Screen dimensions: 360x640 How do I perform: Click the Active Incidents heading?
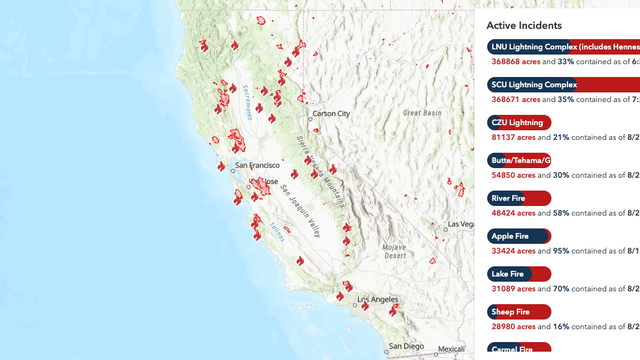[524, 25]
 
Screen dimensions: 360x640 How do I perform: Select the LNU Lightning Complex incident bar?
[563, 47]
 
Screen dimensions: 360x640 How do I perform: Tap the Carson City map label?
[332, 114]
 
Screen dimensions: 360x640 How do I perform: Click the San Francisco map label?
[258, 164]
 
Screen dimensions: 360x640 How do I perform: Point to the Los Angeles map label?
[378, 300]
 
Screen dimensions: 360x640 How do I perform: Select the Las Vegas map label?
[461, 224]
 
